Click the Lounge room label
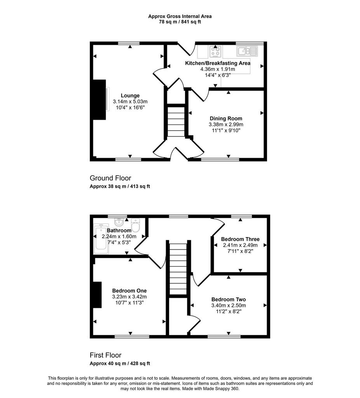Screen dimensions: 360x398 coord(130,96)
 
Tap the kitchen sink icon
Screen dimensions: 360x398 coord(247,51)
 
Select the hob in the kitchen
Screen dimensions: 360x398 coord(215,52)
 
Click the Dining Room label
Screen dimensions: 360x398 coord(226,119)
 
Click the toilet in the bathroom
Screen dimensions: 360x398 coord(135,225)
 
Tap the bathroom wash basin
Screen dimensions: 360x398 coord(119,222)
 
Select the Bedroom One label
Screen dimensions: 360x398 coord(129,291)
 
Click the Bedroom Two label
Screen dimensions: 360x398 coord(229,300)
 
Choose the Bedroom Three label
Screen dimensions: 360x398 coord(240,239)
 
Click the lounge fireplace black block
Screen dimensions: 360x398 coord(99,100)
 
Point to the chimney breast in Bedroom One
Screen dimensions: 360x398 coord(97,295)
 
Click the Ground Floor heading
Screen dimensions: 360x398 coord(110,178)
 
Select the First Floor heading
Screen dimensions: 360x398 coord(106,355)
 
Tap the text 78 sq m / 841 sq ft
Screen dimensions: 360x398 coord(180,22)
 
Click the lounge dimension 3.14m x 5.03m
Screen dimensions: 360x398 coord(130,101)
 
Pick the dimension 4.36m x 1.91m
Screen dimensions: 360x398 coord(218,69)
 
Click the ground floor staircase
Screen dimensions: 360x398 coord(176,122)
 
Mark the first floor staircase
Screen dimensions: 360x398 coord(178,269)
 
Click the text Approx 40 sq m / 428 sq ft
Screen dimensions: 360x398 coord(120,363)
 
